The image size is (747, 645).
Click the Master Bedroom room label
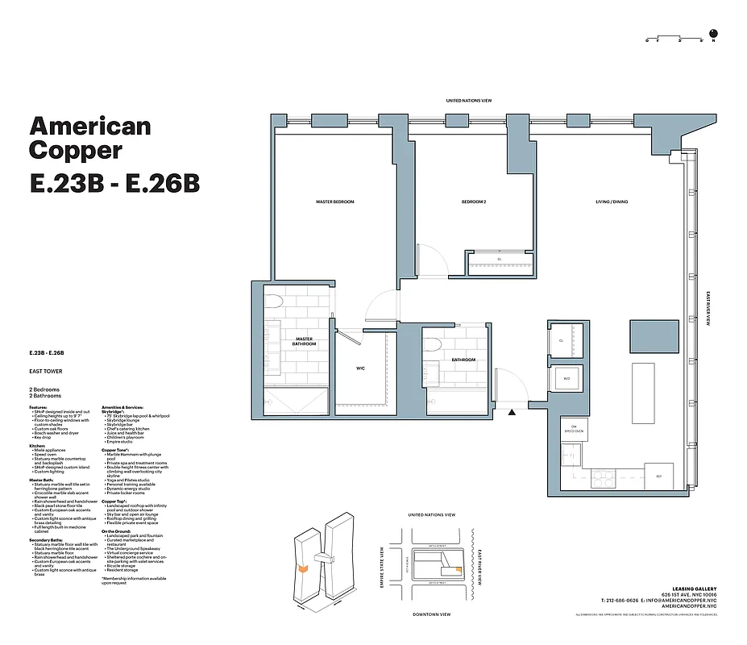pos(334,202)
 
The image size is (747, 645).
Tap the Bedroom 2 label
pos(473,202)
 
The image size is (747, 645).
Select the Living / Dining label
pos(612,202)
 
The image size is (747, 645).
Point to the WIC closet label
pos(361,368)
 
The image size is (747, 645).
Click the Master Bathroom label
pos(304,341)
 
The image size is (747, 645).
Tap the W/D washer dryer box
pos(566,378)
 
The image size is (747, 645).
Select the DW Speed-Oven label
pos(575,428)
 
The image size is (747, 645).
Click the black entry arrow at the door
pos(512,413)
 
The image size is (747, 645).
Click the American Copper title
pos(89,138)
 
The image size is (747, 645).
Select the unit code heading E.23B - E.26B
pos(114,183)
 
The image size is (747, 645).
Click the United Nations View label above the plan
pos(469,101)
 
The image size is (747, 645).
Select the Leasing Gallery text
pos(694,589)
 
